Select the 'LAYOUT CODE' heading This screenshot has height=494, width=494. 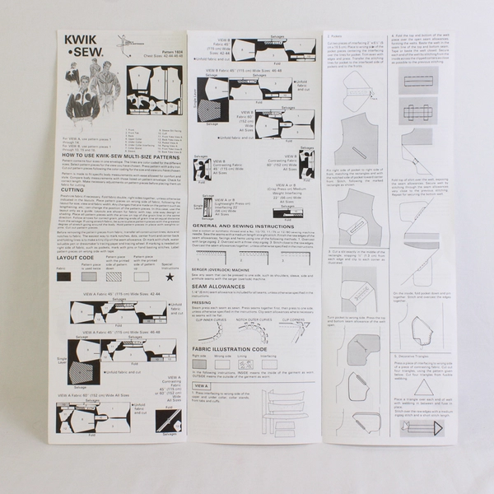[81, 258]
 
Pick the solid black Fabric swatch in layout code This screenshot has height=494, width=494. [64, 277]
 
